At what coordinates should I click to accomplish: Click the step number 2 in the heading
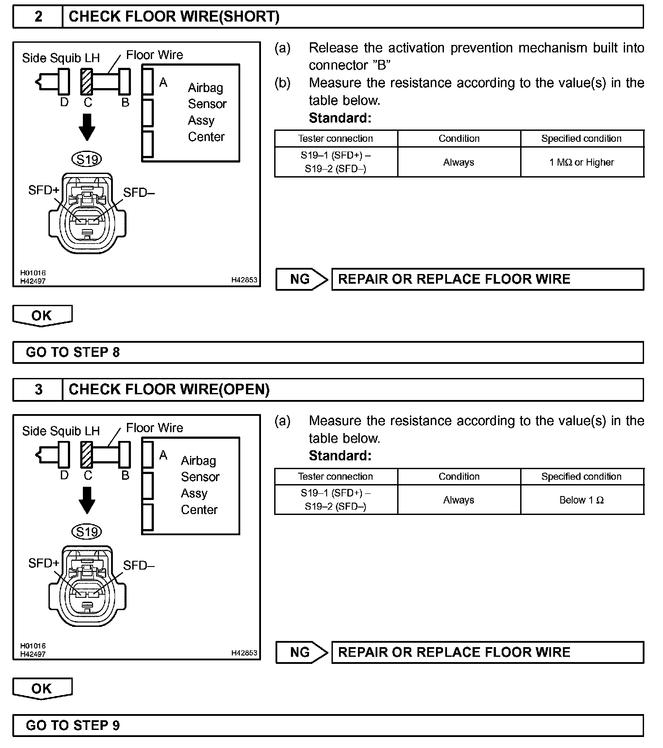click(38, 17)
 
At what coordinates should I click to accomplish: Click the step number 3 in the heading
click(38, 389)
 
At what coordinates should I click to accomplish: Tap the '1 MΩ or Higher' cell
click(581, 163)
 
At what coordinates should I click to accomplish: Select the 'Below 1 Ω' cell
click(581, 500)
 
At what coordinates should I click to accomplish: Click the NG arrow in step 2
click(302, 279)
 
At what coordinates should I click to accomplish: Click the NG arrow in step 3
click(302, 652)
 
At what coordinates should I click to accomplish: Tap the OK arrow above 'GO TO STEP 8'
click(42, 316)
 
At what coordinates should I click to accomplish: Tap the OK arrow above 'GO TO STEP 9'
click(42, 689)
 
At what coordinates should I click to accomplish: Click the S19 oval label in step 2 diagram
click(87, 159)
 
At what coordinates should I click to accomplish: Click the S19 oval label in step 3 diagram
click(87, 532)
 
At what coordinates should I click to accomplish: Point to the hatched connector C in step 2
click(87, 81)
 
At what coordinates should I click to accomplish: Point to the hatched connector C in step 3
click(87, 454)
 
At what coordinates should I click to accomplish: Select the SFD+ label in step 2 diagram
click(44, 190)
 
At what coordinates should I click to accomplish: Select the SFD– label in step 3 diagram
click(139, 566)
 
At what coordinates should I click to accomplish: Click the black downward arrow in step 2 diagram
click(87, 127)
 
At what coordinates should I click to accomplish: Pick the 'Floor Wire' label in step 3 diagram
click(154, 428)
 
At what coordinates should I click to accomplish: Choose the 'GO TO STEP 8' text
click(73, 352)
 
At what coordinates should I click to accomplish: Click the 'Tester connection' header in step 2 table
click(335, 139)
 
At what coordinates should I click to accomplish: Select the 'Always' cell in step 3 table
click(458, 500)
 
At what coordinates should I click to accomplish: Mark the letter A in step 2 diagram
click(164, 83)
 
